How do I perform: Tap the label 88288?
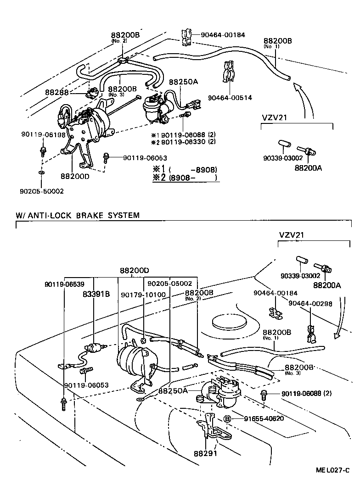click(56, 92)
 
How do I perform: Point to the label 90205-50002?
click(42, 191)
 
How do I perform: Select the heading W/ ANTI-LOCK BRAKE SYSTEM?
click(78, 215)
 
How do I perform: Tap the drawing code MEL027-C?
click(332, 471)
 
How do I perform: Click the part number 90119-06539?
click(64, 284)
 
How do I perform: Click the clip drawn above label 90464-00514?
click(229, 72)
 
